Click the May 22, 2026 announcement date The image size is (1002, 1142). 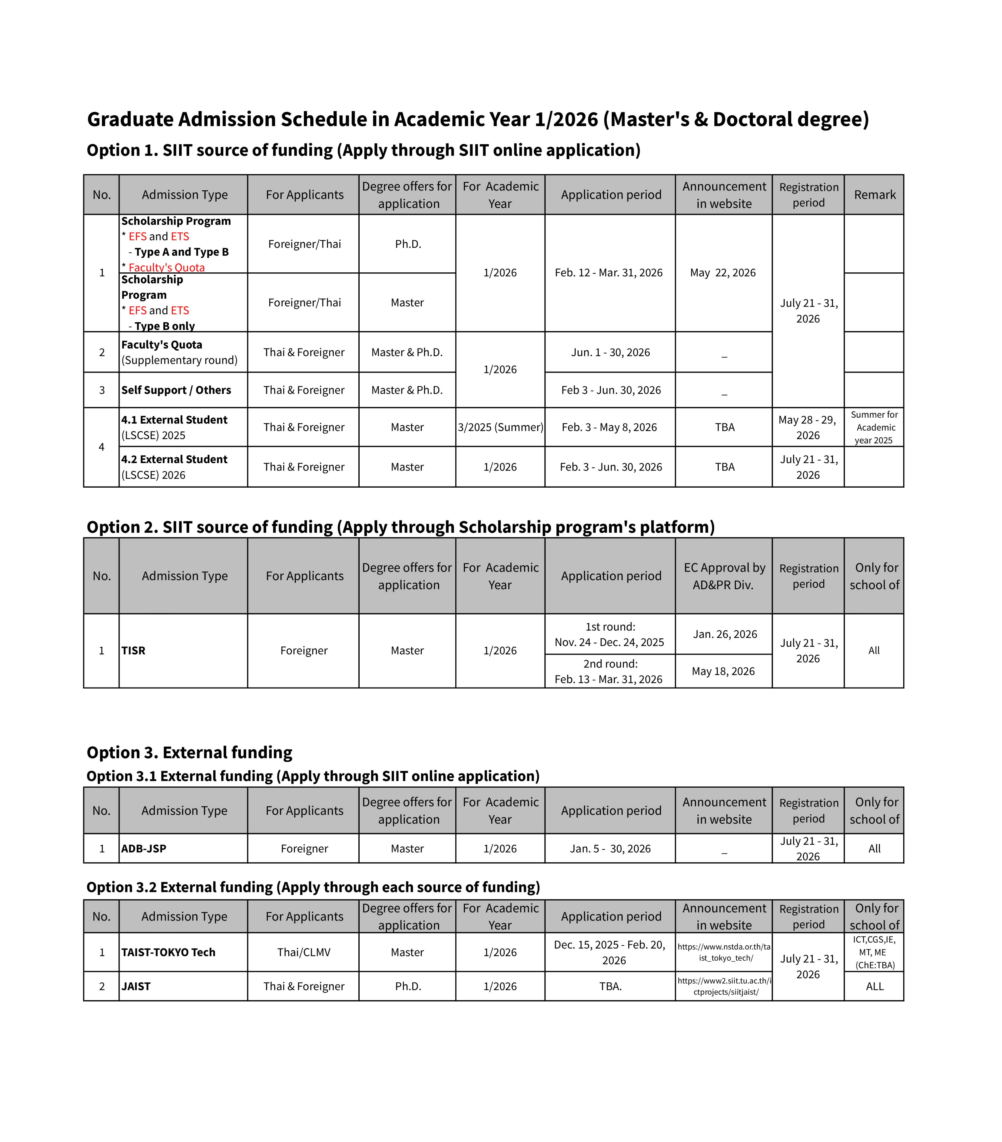pos(723,273)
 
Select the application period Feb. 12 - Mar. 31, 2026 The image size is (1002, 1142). pos(609,273)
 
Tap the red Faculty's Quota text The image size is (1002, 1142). pos(167,267)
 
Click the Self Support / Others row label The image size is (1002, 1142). pos(176,390)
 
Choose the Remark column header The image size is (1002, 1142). pos(874,194)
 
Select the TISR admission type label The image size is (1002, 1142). pos(134,650)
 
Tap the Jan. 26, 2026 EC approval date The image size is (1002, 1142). pos(724,634)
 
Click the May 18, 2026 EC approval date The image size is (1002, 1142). pos(723,671)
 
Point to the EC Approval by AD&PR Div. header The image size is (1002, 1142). pos(724,576)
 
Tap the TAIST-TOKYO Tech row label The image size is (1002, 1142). pos(168,952)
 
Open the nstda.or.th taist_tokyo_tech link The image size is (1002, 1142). pos(724,952)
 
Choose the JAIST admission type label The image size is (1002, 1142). pos(136,986)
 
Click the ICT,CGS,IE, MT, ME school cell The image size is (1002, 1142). pos(874,952)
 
